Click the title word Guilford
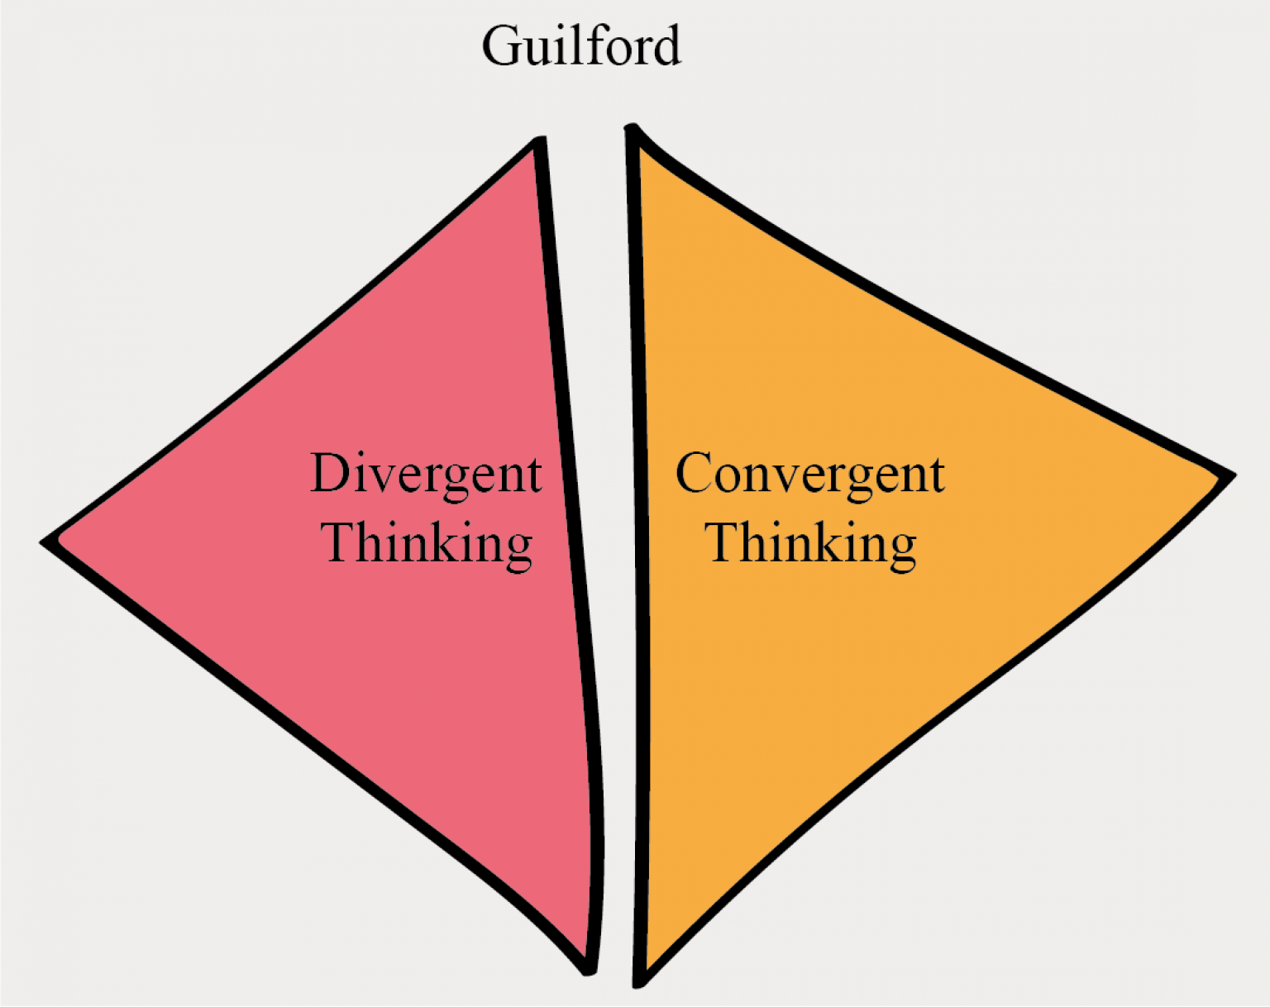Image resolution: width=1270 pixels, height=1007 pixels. tap(581, 45)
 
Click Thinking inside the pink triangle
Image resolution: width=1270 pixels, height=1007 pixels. tap(427, 544)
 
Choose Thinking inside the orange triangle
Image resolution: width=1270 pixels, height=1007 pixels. tap(810, 544)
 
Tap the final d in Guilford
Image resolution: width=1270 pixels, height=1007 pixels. tap(665, 45)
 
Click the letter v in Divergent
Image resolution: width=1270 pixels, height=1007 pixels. tap(381, 478)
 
